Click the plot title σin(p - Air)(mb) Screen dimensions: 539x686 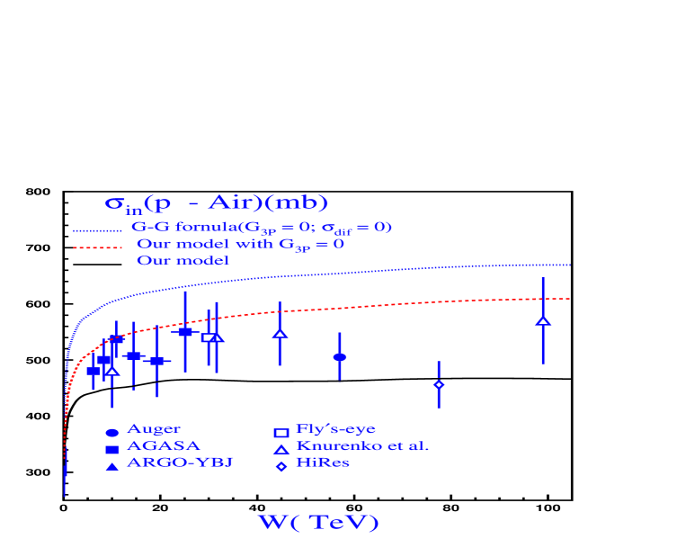[x=216, y=203]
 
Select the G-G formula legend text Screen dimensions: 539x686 [x=262, y=228]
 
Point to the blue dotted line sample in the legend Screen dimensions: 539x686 [x=96, y=230]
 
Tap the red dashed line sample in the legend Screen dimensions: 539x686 [x=96, y=247]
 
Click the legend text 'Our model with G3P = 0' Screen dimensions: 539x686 [x=240, y=244]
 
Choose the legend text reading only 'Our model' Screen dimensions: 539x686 [x=183, y=261]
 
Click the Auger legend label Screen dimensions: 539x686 [x=153, y=429]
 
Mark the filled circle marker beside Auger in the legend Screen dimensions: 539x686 [x=112, y=433]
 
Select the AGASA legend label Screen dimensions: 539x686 [x=163, y=445]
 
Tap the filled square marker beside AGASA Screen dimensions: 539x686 [x=112, y=449]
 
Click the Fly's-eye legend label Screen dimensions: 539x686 [x=335, y=429]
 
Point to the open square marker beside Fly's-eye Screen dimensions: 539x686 [x=281, y=433]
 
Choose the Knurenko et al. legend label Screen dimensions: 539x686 [x=362, y=445]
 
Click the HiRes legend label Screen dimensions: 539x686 [x=322, y=463]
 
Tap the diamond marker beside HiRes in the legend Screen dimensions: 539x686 [x=281, y=466]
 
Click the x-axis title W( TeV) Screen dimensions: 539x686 [x=318, y=523]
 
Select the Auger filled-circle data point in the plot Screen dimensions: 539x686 [x=339, y=357]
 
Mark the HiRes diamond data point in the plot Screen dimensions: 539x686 [x=438, y=384]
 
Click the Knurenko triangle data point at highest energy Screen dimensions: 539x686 [x=543, y=320]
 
